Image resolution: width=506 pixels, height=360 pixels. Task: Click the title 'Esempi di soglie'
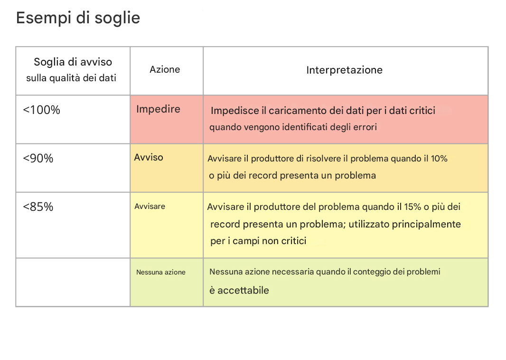pos(78,18)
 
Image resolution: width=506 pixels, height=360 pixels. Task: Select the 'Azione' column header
pos(165,69)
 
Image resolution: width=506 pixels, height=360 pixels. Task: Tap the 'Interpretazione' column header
pos(344,70)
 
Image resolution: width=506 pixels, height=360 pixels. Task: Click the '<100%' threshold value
pos(41,110)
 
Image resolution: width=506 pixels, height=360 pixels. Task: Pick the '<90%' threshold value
pos(38,158)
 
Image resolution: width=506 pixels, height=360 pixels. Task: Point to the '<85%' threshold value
pos(38,207)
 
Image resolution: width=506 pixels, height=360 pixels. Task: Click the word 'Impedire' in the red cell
pos(158,109)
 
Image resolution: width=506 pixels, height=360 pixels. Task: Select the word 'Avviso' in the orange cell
pos(149,158)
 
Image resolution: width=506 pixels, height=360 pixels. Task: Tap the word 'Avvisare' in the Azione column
pos(150,206)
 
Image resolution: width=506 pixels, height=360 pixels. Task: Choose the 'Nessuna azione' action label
pos(161,272)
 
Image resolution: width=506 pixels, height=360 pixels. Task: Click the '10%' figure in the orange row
pos(439,159)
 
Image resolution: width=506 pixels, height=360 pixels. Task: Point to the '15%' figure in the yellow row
pos(413,207)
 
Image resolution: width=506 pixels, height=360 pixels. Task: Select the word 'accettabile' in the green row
pos(243,290)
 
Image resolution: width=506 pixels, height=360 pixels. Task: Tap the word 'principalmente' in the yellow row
pos(426,224)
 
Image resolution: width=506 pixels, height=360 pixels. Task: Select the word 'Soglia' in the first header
pos(49,62)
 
